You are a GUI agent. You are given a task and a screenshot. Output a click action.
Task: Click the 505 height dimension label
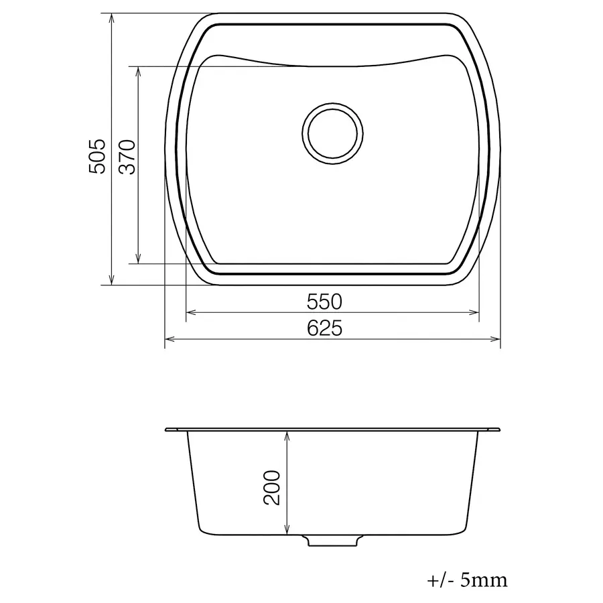[x=98, y=157]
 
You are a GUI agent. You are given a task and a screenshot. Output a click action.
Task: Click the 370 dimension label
[x=127, y=157]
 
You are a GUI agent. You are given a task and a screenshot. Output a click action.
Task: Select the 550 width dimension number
[x=324, y=302]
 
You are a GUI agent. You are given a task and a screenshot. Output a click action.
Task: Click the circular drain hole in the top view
[x=334, y=132]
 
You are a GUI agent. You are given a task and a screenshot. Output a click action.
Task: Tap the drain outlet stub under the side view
[x=333, y=540]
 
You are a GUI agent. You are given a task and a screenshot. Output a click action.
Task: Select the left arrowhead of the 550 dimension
[x=190, y=312]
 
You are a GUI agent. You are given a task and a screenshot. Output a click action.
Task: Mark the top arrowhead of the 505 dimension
[x=111, y=17]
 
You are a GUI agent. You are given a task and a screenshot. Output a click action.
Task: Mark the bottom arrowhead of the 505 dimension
[x=111, y=279]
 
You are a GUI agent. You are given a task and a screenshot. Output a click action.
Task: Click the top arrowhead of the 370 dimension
[x=138, y=71]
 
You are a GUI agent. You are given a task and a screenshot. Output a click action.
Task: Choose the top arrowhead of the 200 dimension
[x=287, y=436]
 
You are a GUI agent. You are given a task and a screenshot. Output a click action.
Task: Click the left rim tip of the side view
[x=167, y=428]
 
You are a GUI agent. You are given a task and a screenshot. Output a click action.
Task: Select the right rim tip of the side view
[x=498, y=428]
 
